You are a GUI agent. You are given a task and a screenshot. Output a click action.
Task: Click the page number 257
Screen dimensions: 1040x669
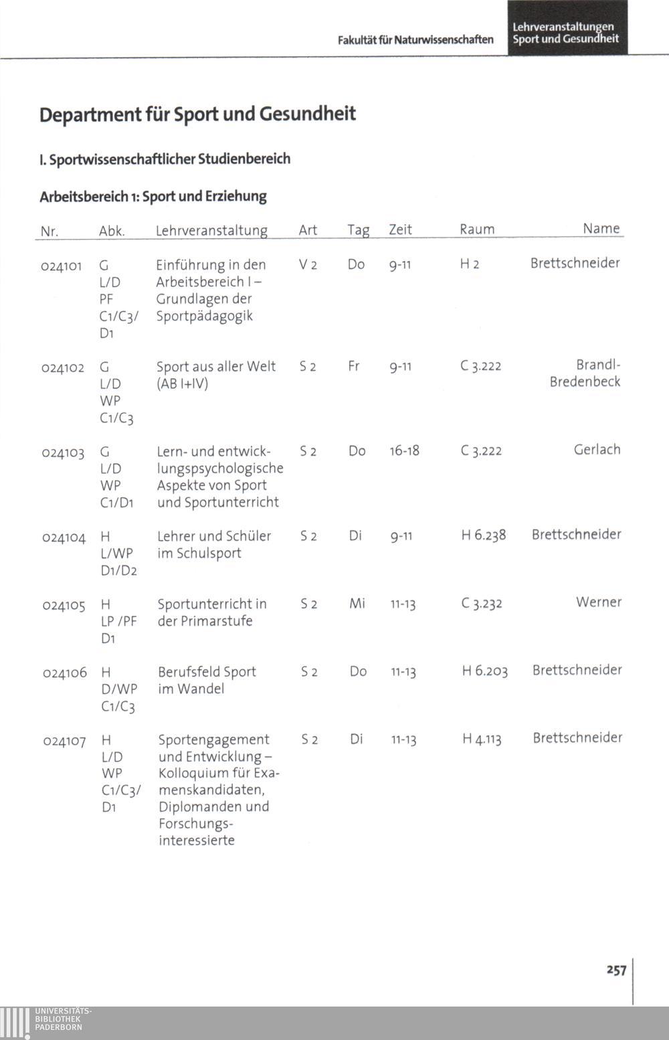(x=616, y=970)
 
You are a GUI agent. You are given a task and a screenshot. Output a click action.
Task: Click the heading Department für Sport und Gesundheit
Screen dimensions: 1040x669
(x=197, y=114)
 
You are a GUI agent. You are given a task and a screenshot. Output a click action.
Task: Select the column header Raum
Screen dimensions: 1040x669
(x=477, y=230)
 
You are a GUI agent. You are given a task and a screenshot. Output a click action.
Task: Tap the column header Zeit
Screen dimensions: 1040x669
(x=400, y=230)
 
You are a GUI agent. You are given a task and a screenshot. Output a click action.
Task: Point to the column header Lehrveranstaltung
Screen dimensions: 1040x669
(x=211, y=231)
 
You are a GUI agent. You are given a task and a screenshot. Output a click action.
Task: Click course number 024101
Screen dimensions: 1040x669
(x=61, y=266)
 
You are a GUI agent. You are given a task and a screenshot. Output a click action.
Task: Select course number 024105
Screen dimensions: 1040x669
(x=64, y=606)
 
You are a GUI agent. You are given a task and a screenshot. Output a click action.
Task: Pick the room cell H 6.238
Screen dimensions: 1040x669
(x=484, y=535)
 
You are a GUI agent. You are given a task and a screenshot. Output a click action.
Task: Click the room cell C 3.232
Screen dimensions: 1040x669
(x=482, y=604)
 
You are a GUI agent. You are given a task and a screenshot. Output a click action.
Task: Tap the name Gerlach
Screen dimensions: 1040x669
(x=597, y=450)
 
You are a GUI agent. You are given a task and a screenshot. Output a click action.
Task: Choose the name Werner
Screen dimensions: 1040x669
(x=599, y=602)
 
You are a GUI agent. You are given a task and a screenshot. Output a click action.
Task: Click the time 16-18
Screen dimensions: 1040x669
(x=404, y=451)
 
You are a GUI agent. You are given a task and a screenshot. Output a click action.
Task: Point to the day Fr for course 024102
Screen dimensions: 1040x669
(x=354, y=367)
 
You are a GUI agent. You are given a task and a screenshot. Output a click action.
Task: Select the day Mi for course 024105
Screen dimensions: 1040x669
(x=357, y=604)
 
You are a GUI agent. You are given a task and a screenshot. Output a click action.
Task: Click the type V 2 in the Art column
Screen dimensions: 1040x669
(x=308, y=265)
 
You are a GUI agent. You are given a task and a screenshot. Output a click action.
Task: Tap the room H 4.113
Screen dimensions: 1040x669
(x=482, y=740)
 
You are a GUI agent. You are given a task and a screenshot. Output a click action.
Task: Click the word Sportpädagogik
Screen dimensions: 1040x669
(x=205, y=316)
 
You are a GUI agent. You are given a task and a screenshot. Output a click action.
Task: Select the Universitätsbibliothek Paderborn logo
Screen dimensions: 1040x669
(x=47, y=1021)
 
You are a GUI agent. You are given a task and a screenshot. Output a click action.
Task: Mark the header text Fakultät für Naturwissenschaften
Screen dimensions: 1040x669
(x=415, y=40)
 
